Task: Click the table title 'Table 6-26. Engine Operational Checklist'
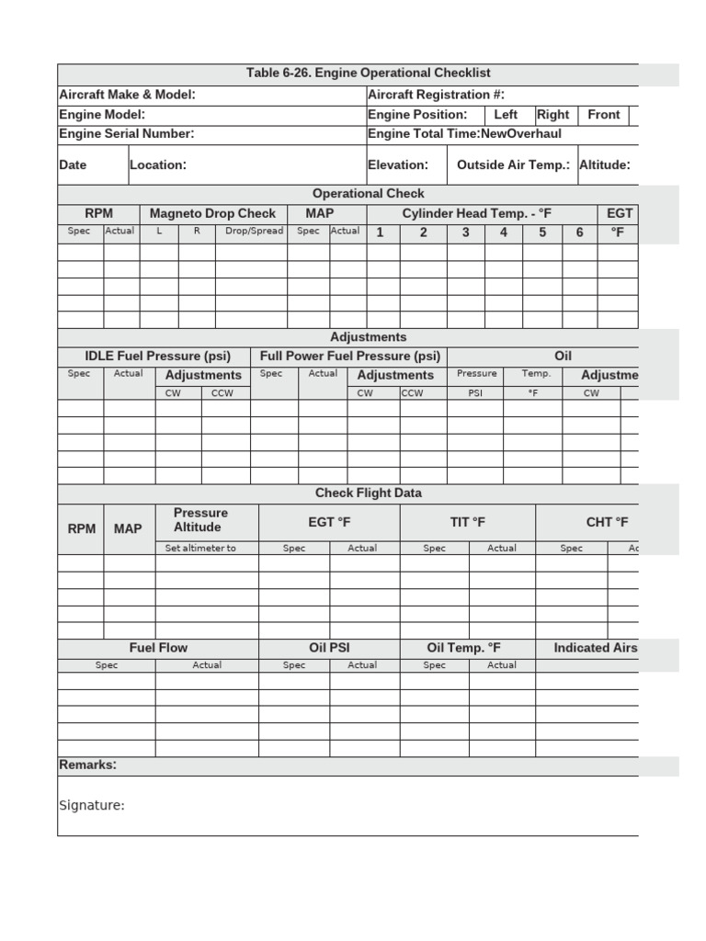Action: click(x=368, y=74)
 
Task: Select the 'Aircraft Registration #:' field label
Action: click(x=436, y=95)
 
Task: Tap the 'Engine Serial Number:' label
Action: click(x=127, y=134)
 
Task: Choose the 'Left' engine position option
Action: click(x=506, y=115)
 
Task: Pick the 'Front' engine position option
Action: click(x=604, y=115)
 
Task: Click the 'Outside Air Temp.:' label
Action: click(x=513, y=165)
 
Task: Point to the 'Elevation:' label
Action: click(x=398, y=165)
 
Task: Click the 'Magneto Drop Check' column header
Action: click(x=212, y=214)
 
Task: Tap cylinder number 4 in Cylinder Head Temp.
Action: click(x=504, y=232)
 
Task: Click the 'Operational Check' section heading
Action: click(x=369, y=194)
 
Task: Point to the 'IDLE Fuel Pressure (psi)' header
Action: click(x=157, y=357)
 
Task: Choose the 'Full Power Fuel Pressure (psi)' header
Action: click(x=350, y=357)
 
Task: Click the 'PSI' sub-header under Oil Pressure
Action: click(x=475, y=392)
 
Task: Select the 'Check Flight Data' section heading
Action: click(x=369, y=493)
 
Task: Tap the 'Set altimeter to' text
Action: click(x=200, y=548)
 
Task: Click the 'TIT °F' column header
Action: click(x=468, y=522)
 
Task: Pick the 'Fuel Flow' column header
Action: click(x=158, y=648)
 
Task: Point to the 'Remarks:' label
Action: click(x=87, y=765)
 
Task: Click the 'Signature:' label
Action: click(x=92, y=806)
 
